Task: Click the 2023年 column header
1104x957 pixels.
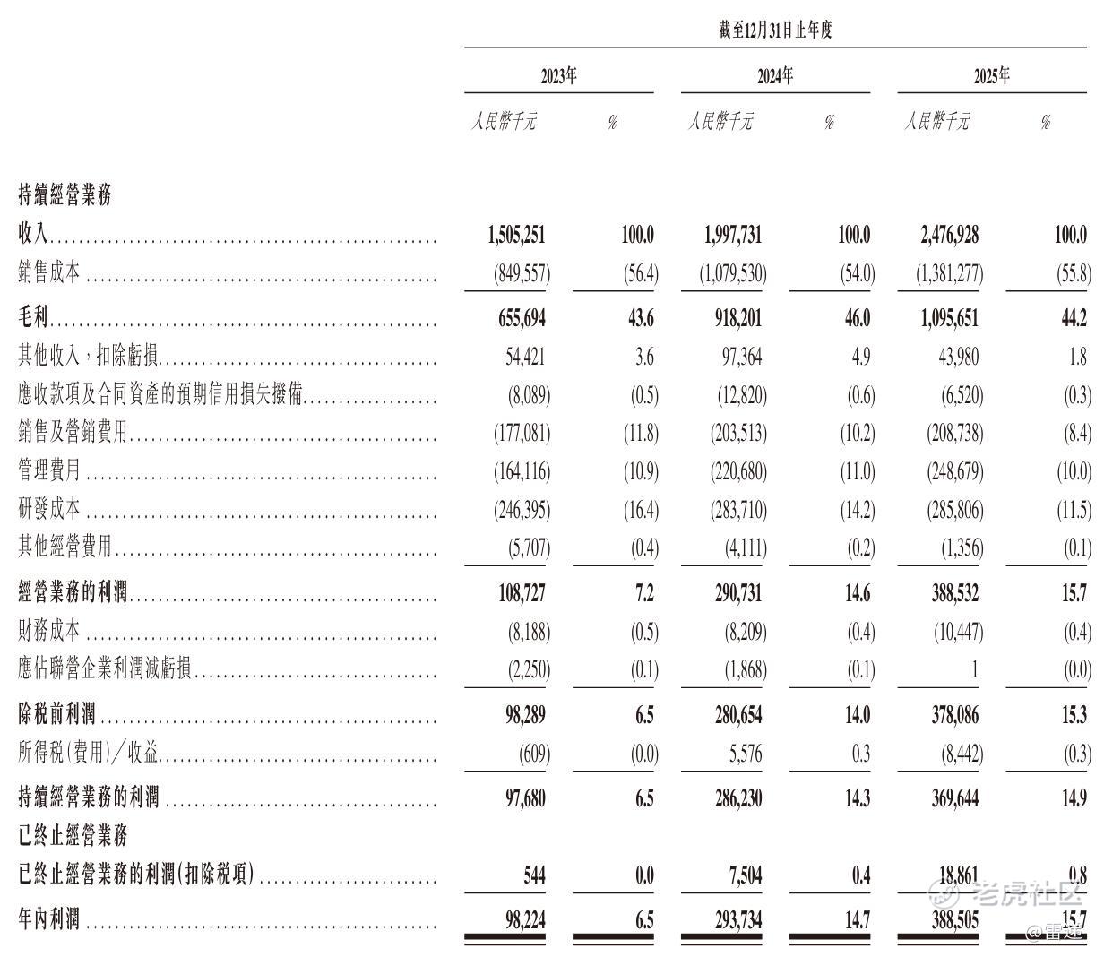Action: (x=558, y=76)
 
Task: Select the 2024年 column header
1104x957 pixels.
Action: (x=775, y=76)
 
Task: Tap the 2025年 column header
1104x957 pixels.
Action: (x=992, y=76)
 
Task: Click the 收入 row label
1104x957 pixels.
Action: (x=34, y=235)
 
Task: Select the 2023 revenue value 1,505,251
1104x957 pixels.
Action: (x=517, y=235)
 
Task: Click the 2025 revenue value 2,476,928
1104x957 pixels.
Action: (x=949, y=235)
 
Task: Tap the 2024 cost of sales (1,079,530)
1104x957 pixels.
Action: (x=733, y=273)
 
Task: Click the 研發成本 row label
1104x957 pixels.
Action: (x=49, y=510)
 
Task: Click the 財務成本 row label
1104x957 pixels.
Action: (x=49, y=632)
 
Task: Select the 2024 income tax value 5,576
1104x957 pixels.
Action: (x=746, y=754)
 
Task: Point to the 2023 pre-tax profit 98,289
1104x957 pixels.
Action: (x=523, y=714)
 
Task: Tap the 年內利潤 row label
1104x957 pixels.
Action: (x=49, y=918)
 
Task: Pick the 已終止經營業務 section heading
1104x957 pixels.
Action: (x=73, y=835)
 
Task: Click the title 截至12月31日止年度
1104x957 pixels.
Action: (x=775, y=30)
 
